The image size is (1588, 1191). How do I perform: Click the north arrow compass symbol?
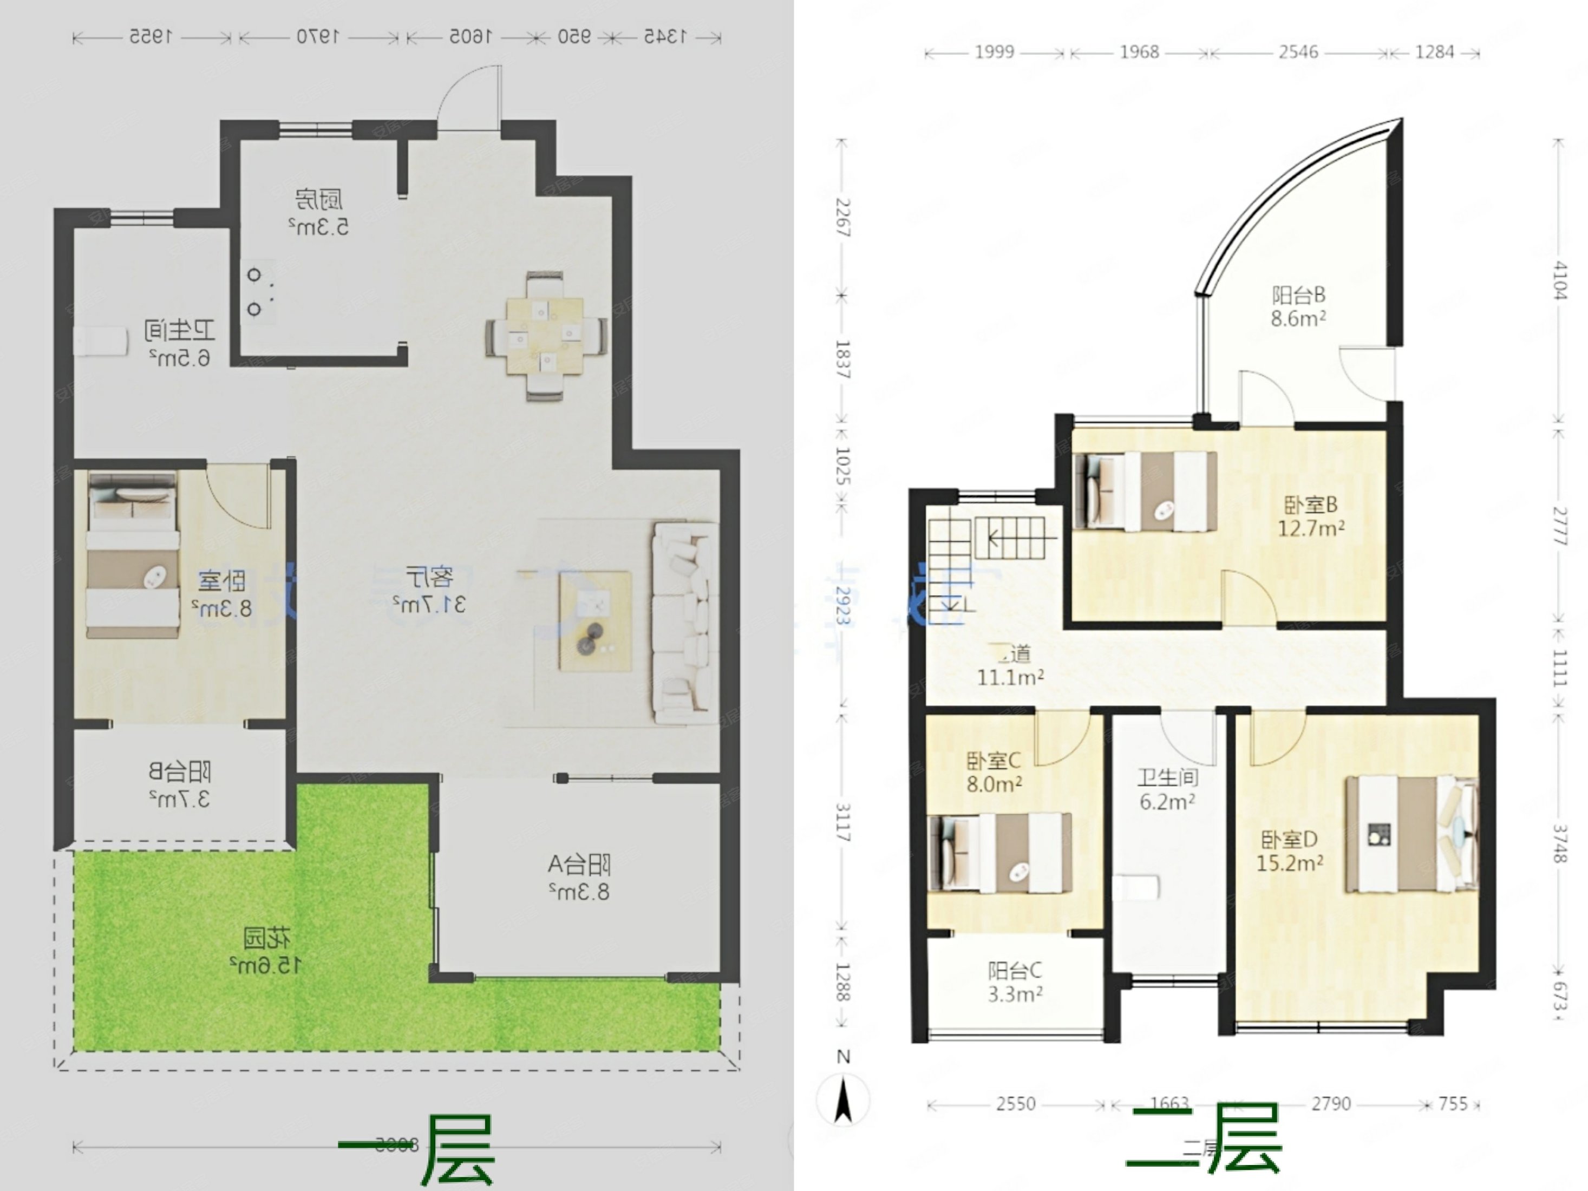pyautogui.click(x=844, y=1098)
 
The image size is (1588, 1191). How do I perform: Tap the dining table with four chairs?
pyautogui.click(x=545, y=336)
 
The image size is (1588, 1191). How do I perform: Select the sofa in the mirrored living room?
pyautogui.click(x=684, y=623)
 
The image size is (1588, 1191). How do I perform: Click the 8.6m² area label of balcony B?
pyautogui.click(x=1298, y=318)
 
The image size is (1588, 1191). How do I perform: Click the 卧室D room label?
pyautogui.click(x=1289, y=839)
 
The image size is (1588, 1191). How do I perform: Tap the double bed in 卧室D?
pyautogui.click(x=1410, y=834)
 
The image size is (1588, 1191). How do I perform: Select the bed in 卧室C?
pyautogui.click(x=1000, y=852)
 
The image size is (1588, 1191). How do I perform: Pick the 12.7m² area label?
pyautogui.click(x=1311, y=529)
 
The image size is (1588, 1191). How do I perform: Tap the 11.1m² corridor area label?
pyautogui.click(x=1010, y=677)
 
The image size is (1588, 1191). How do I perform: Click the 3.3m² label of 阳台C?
pyautogui.click(x=1015, y=995)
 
